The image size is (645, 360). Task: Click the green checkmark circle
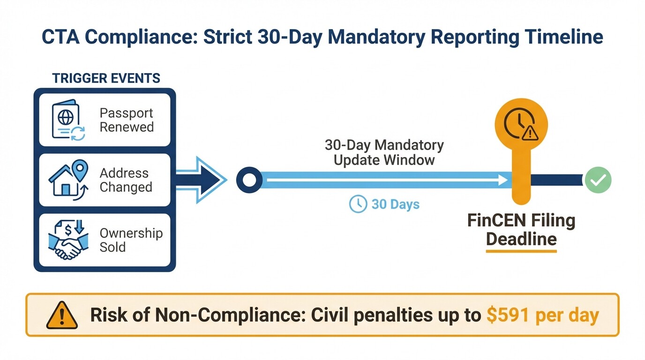(x=598, y=180)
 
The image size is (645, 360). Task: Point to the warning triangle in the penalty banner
(x=61, y=315)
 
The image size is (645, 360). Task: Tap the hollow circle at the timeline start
(x=249, y=180)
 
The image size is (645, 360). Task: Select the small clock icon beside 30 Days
(x=358, y=204)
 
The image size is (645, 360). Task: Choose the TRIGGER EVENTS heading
(x=106, y=78)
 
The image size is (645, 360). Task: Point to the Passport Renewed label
(x=127, y=120)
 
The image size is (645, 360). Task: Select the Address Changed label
(x=126, y=180)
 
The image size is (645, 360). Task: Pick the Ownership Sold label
(x=131, y=240)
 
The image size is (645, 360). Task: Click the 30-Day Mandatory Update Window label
(x=384, y=152)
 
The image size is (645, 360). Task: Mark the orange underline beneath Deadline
(x=521, y=252)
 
